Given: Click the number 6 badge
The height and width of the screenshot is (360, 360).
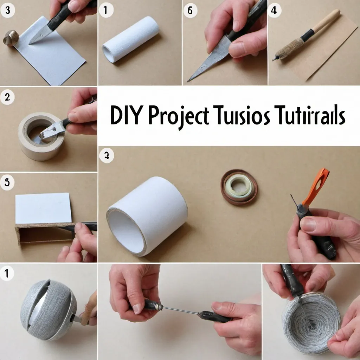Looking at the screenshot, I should (190, 10).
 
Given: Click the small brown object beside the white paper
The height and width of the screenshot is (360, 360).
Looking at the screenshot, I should (11, 38).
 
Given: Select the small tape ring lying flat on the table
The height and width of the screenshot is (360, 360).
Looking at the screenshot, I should (239, 186).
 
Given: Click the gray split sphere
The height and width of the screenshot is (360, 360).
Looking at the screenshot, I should (48, 309).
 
